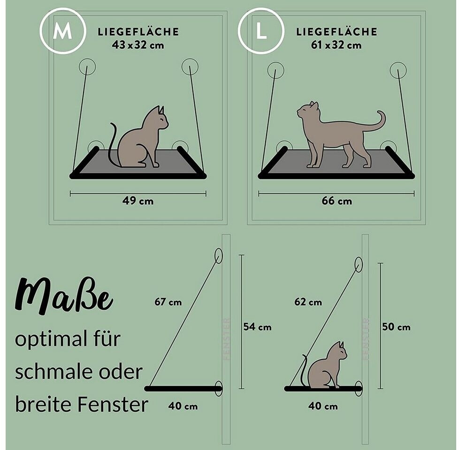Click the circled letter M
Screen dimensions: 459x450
tap(62, 31)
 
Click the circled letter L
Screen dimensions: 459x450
tap(261, 31)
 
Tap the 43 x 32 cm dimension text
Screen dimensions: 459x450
tap(138, 45)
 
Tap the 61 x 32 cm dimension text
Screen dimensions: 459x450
tap(337, 45)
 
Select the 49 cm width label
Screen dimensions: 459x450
tap(138, 201)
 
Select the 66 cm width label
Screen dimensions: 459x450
tap(337, 201)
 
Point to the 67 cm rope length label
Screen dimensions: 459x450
tap(168, 302)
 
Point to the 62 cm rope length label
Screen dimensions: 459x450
tap(308, 302)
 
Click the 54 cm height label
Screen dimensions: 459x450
tap(257, 327)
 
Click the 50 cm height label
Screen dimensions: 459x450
tap(396, 327)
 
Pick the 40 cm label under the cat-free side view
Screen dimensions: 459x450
tap(183, 406)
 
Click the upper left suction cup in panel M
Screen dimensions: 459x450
tap(87, 67)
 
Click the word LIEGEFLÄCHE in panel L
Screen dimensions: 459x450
tap(337, 31)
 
